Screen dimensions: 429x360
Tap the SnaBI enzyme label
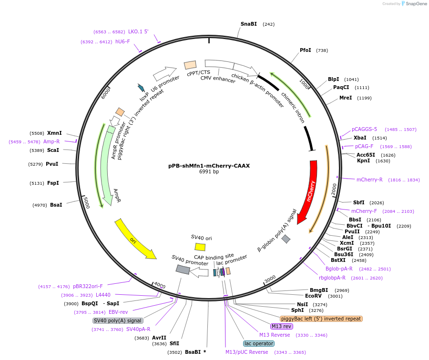pos(248,24)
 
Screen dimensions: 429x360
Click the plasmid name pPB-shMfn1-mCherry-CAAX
pos(209,166)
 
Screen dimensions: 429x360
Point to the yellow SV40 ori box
pos(200,247)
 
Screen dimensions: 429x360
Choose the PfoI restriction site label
pos(306,50)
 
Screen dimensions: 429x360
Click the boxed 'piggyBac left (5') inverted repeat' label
pos(321,319)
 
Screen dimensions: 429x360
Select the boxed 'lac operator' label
pos(259,343)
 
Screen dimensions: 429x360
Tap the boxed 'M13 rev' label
pos(282,326)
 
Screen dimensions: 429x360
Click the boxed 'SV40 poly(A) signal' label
pos(118,320)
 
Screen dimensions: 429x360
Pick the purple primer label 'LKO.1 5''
pos(138,31)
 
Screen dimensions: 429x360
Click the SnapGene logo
pos(414,4)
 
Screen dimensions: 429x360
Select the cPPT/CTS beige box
pos(190,65)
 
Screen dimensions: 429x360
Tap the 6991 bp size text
pos(209,172)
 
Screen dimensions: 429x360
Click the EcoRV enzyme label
pos(313,296)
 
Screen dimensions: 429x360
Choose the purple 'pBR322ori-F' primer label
pos(88,286)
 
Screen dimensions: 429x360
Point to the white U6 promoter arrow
pos(165,73)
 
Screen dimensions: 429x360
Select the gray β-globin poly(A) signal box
pos(286,239)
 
